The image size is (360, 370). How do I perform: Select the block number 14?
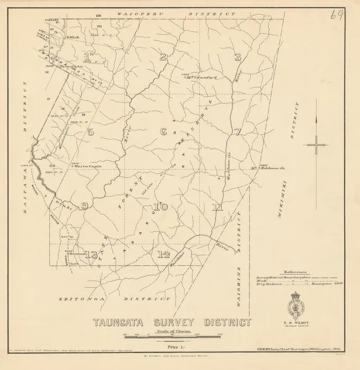point(163,254)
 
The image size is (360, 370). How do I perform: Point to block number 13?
point(93,255)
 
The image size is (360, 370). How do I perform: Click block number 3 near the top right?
point(238,57)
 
